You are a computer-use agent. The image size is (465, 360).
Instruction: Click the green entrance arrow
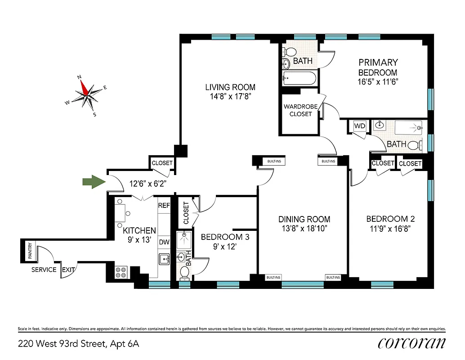93,182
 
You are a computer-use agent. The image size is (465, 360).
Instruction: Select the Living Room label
230,87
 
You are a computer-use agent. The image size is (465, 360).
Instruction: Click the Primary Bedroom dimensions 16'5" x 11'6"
378,81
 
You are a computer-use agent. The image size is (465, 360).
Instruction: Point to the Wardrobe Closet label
300,110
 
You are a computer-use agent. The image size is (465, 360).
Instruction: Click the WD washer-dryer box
360,126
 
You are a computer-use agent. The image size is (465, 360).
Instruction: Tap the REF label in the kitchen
164,205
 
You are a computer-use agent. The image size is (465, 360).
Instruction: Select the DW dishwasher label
164,242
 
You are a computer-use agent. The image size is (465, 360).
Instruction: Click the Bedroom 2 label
390,219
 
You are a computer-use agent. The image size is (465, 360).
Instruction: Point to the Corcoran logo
412,343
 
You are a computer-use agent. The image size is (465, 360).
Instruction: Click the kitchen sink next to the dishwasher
164,259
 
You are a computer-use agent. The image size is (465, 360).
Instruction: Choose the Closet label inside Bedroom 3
186,213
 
